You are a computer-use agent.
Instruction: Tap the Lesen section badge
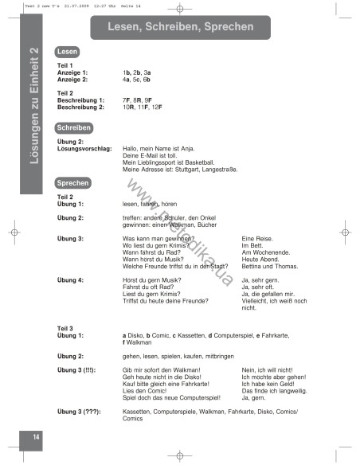(x=67, y=52)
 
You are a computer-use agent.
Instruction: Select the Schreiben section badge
(x=72, y=127)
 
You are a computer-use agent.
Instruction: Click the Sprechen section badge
(x=72, y=182)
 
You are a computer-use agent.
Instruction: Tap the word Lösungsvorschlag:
(x=84, y=148)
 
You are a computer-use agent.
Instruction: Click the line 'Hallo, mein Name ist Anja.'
(x=158, y=148)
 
